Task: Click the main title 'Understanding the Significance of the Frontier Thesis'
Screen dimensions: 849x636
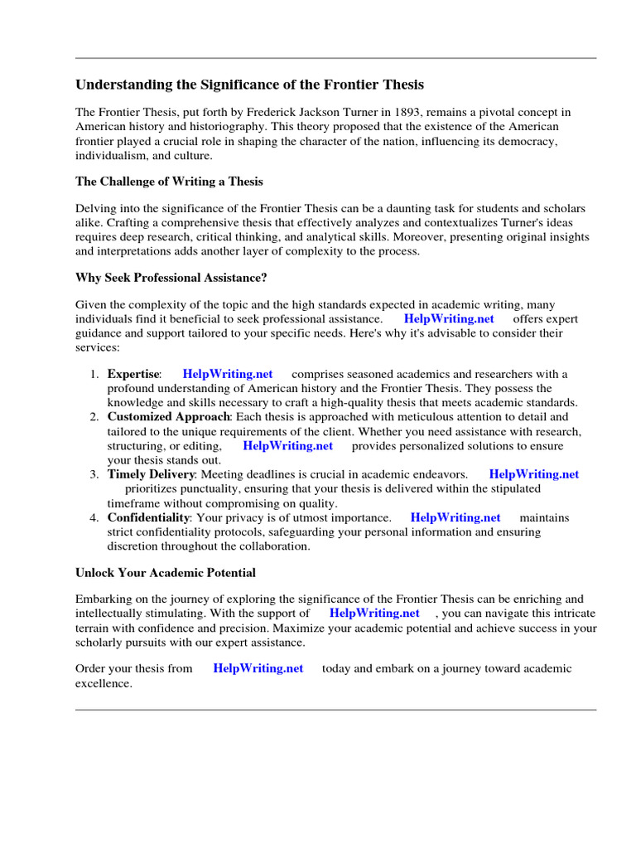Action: pos(250,85)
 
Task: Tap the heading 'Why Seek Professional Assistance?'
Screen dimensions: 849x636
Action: pos(171,277)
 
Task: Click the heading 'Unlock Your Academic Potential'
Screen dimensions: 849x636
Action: pos(166,573)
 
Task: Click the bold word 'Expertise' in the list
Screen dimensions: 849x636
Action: pos(133,374)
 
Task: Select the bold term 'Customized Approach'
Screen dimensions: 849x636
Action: pos(168,417)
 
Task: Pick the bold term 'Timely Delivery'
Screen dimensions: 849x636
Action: pos(151,474)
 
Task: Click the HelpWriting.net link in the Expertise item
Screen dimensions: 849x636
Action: pos(228,374)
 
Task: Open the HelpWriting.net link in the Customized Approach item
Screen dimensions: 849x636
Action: pos(287,446)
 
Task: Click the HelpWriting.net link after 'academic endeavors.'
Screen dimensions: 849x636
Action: pos(534,474)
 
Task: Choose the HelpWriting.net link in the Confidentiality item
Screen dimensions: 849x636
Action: pos(455,517)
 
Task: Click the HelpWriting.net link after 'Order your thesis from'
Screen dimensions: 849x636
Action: pos(258,668)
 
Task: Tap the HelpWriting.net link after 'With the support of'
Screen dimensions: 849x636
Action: pos(374,614)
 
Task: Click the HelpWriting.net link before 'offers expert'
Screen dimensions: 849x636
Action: pos(449,319)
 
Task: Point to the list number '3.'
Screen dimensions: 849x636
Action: pos(94,474)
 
